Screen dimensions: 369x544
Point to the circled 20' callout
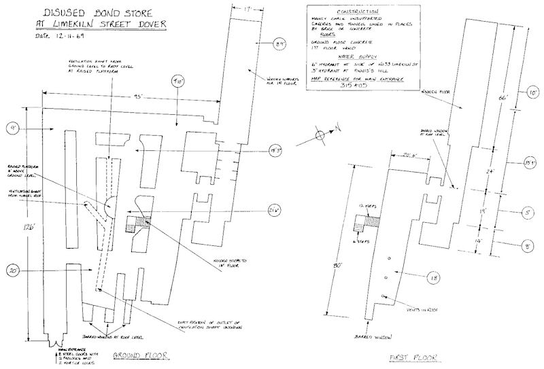click(13, 269)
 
